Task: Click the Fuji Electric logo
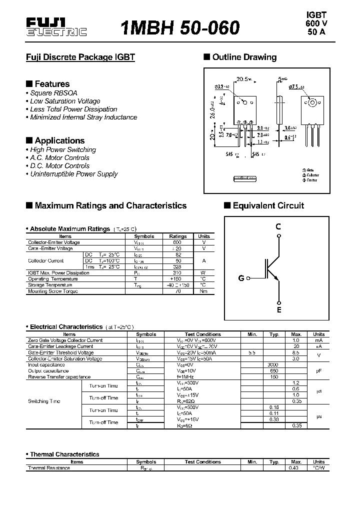point(56,28)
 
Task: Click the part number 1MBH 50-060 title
point(180,27)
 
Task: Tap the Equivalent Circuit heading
point(268,205)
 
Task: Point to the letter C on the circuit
point(278,226)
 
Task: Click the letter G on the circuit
point(241,278)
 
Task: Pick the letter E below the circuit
point(279,310)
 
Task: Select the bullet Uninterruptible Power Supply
point(73,174)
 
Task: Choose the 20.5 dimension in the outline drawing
point(243,79)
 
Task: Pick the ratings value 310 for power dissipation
point(177,273)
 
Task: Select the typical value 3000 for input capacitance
point(273,364)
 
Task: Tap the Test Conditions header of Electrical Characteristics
point(202,334)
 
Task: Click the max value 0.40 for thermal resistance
point(296,468)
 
